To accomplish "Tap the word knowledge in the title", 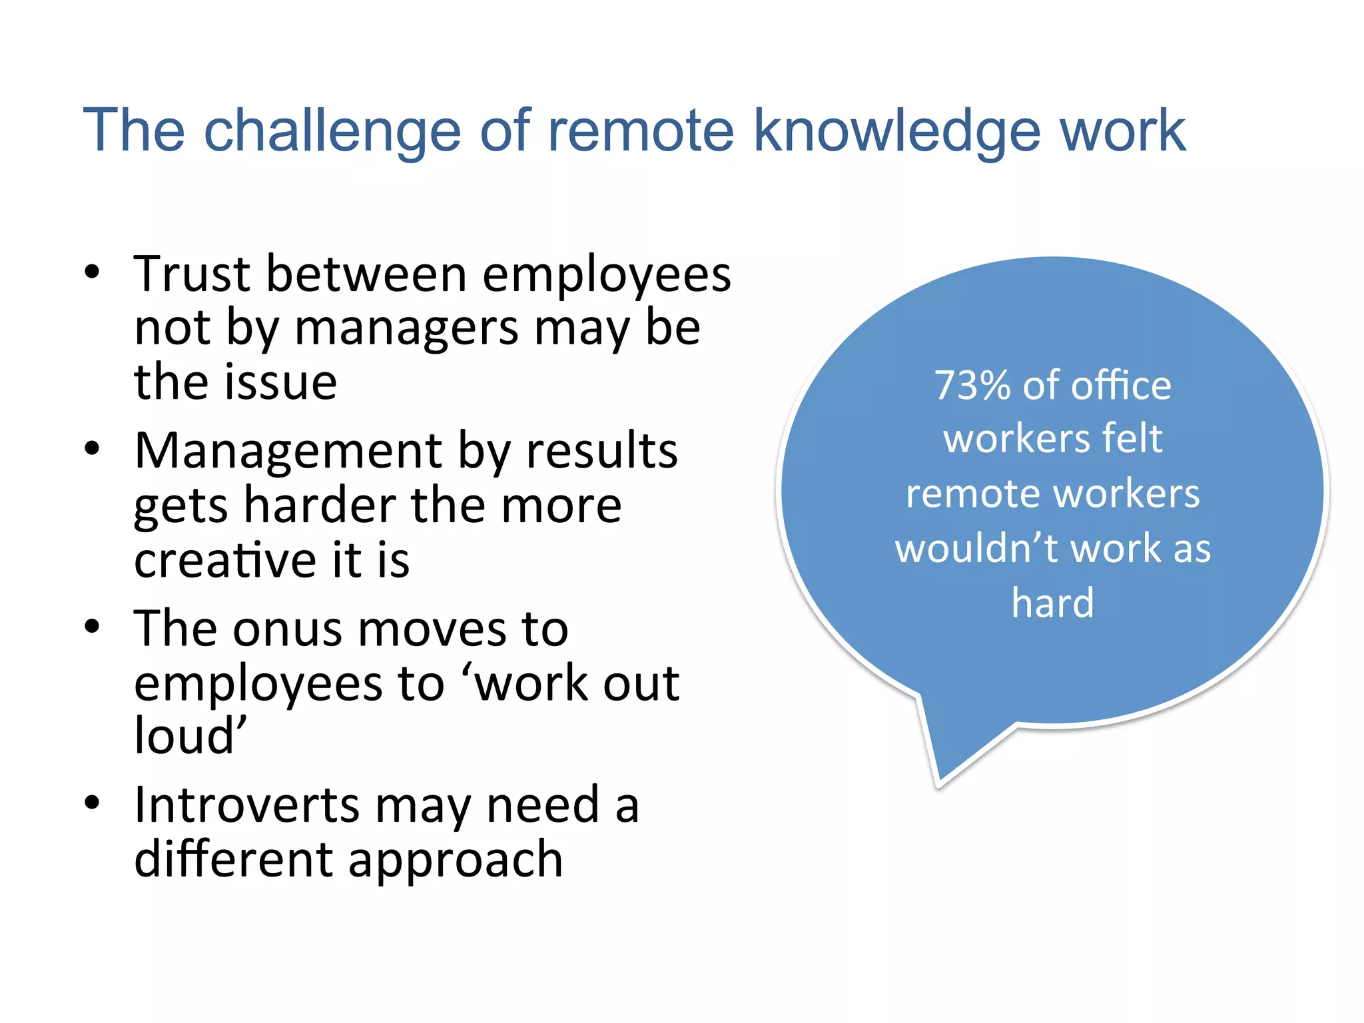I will (x=896, y=131).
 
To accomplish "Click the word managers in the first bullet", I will (x=406, y=328).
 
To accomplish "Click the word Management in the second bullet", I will (x=288, y=452).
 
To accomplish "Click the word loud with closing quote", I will (x=190, y=737).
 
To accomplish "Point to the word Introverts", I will (x=247, y=805).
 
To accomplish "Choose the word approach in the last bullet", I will (x=456, y=860).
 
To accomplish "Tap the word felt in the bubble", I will (x=1132, y=439).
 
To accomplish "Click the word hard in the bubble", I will (x=1052, y=603).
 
